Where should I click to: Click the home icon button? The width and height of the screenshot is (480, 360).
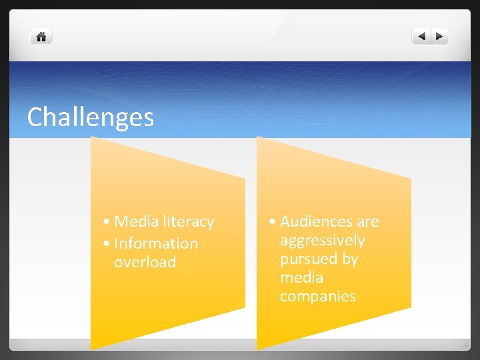[41, 37]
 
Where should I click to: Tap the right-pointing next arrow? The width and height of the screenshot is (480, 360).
[440, 37]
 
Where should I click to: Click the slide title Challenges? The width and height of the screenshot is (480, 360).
[91, 117]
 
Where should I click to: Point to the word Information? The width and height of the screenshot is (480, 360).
[156, 243]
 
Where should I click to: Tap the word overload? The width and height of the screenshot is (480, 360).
[145, 262]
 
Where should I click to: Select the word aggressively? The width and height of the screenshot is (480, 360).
[322, 240]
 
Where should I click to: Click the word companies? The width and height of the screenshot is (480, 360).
[317, 296]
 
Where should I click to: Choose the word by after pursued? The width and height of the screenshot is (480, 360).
[350, 259]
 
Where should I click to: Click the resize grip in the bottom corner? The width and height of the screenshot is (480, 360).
[464, 345]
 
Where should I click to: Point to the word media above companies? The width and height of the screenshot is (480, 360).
[301, 277]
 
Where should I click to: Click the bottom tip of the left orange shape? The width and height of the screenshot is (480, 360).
[92, 348]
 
